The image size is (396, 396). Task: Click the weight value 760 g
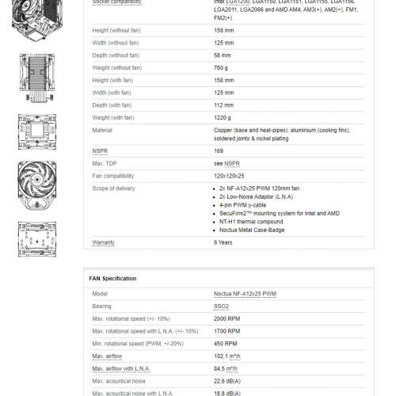[221, 68]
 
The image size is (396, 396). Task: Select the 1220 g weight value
[223, 118]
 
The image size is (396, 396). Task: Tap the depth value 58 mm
[222, 56]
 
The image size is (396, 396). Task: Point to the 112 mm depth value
[223, 105]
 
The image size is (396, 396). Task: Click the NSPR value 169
[219, 150]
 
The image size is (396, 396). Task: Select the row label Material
[102, 130]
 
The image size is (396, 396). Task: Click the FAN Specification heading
[112, 279]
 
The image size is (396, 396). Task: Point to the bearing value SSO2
[222, 305]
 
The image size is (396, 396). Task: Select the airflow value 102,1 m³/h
[229, 357]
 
